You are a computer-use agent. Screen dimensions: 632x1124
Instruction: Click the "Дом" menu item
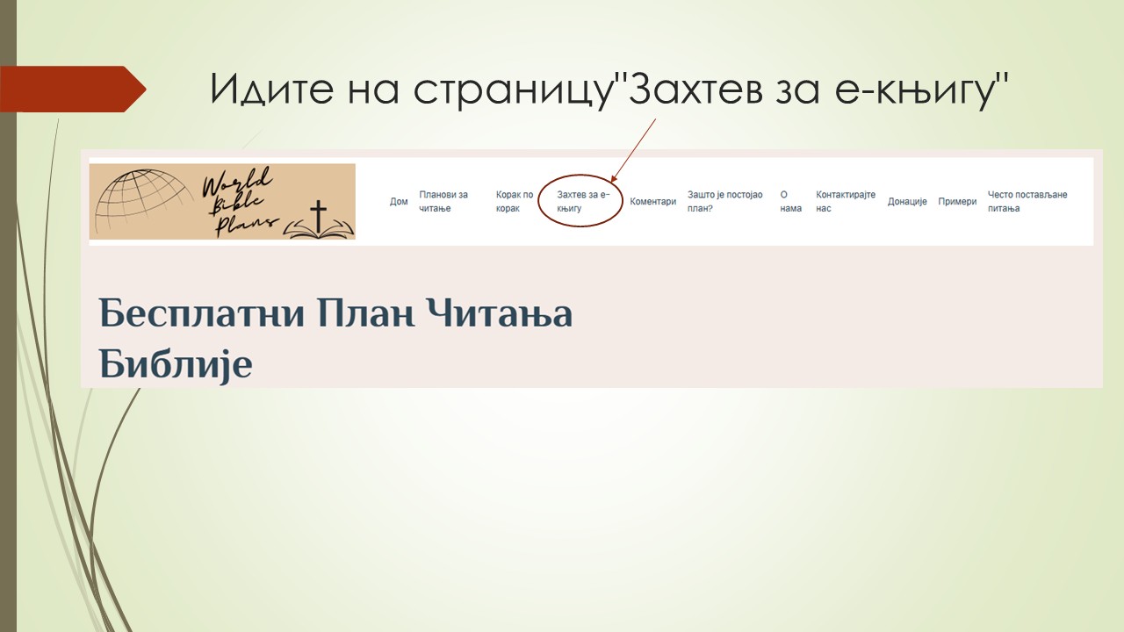pos(399,202)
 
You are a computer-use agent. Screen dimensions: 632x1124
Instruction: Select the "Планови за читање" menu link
pos(443,201)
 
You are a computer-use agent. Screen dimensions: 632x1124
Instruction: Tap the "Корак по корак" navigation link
pos(515,201)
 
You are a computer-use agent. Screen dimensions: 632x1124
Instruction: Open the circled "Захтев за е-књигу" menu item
pos(582,201)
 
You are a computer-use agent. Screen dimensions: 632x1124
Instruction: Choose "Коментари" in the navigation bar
pos(653,202)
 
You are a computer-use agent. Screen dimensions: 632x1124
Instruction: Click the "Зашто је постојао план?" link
pos(725,201)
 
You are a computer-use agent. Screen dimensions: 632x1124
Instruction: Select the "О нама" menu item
pos(790,201)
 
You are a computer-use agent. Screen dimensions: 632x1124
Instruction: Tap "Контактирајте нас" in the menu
pos(846,201)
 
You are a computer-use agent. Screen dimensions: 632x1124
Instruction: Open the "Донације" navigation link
pos(907,202)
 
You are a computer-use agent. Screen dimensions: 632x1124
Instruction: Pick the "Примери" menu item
pos(957,202)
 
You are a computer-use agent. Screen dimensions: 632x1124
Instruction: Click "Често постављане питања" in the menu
pos(1027,201)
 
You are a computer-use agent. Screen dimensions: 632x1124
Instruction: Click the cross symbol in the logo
pos(319,216)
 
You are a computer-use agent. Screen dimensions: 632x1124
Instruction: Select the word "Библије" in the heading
pos(176,363)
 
